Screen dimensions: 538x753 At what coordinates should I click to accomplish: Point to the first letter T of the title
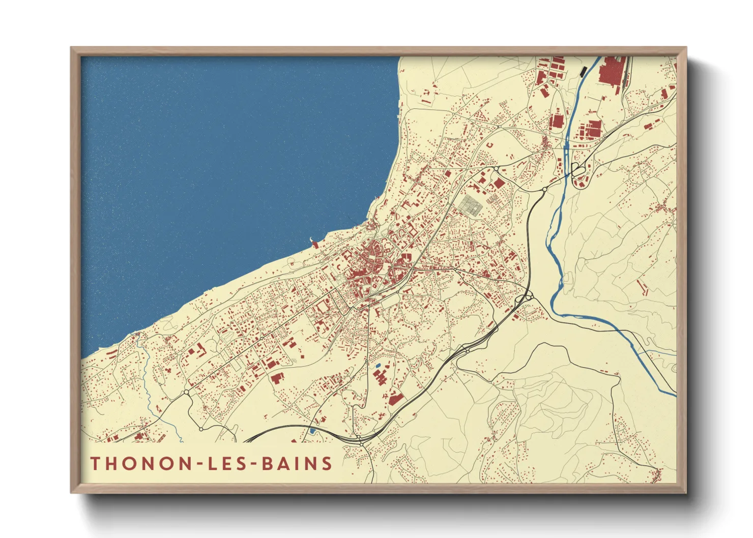tap(95, 463)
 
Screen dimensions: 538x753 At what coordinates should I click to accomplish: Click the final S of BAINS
tap(327, 463)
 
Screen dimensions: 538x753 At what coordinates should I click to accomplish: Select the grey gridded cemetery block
tap(470, 205)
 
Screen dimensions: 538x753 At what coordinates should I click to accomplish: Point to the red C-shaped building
tap(490, 145)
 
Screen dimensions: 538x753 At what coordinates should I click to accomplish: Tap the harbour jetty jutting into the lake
tap(313, 242)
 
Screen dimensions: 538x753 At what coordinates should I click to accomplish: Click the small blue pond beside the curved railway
tap(312, 431)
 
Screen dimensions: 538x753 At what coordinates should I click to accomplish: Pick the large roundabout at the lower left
tap(187, 392)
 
